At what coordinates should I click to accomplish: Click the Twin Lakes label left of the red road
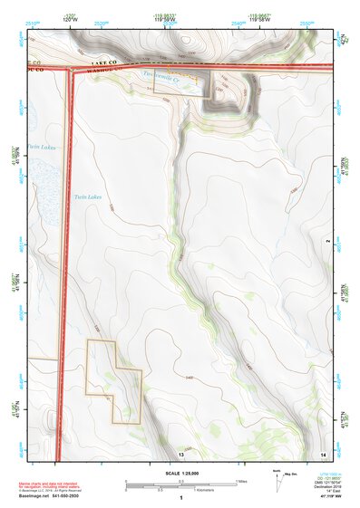pyautogui.click(x=42, y=147)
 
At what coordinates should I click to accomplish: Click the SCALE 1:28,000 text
pyautogui.click(x=182, y=473)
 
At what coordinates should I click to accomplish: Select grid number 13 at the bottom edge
pyautogui.click(x=180, y=453)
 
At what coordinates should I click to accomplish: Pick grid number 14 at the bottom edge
pyautogui.click(x=323, y=453)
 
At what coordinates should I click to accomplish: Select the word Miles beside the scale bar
pyautogui.click(x=242, y=482)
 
